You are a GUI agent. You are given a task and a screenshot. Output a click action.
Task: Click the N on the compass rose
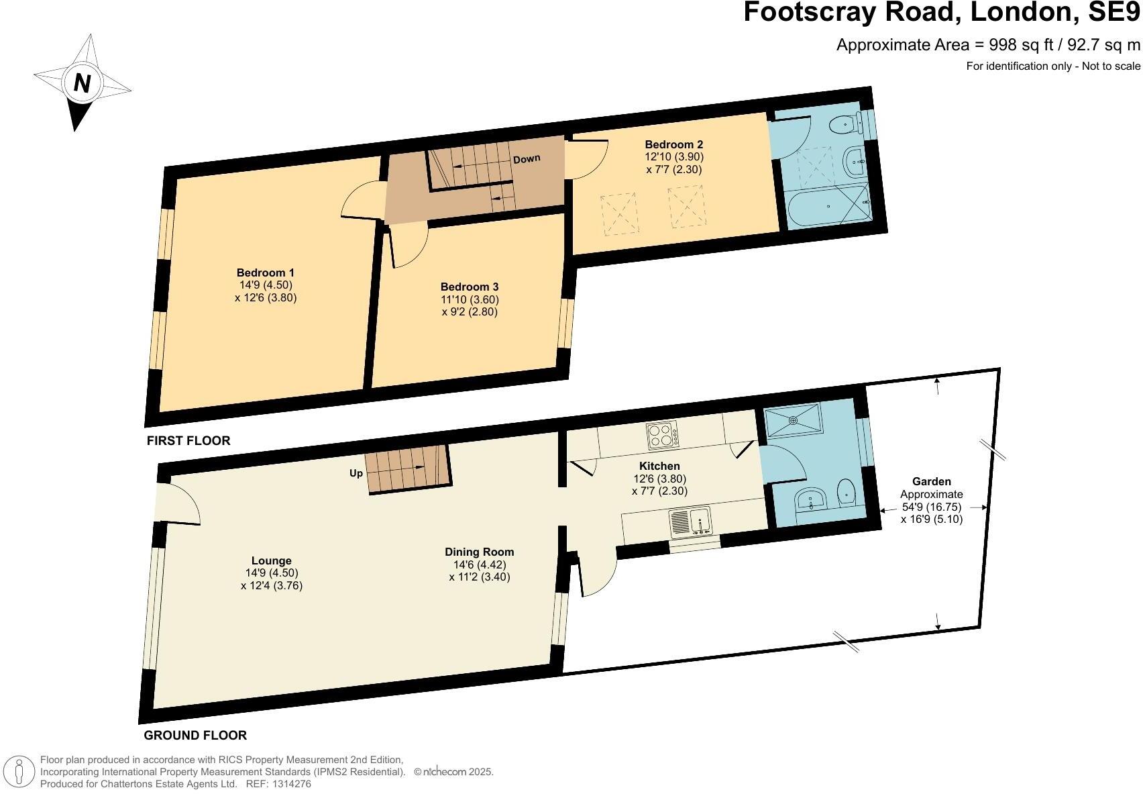point(82,83)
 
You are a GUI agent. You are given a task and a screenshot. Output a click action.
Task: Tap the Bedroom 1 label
point(265,272)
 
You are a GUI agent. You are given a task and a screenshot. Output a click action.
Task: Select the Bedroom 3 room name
point(470,287)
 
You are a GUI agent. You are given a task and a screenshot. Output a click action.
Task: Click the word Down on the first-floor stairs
point(527,159)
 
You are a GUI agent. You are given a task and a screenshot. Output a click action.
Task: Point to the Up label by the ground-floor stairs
point(356,473)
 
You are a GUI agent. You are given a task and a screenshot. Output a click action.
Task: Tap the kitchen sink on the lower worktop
point(691,522)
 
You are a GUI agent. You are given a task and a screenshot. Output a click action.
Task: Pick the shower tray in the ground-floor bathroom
point(794,419)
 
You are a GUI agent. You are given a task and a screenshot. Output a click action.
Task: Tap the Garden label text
point(931,481)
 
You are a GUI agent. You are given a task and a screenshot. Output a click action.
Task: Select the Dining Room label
point(479,552)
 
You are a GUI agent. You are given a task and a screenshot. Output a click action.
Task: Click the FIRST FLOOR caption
point(188,441)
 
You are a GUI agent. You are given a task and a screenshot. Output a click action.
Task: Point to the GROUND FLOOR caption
point(195,736)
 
